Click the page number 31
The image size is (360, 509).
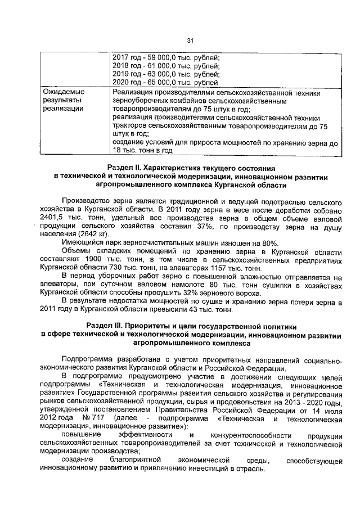pos(190,39)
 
